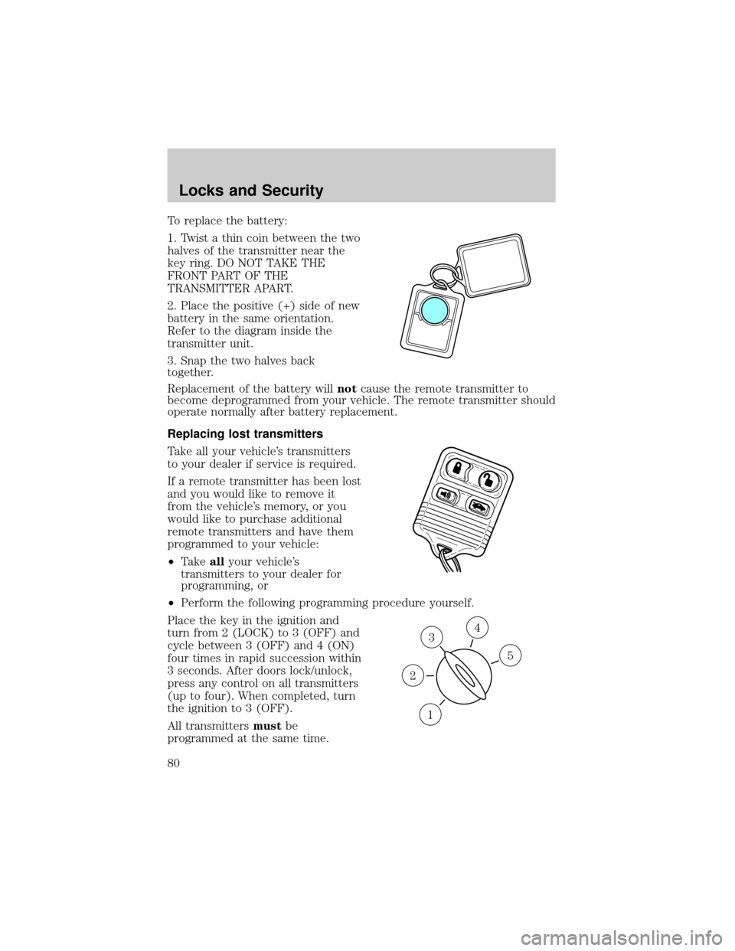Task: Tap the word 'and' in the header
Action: pos(243,190)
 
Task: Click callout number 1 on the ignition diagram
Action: pos(430,714)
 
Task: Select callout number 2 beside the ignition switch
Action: pos(412,675)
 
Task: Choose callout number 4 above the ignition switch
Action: pos(476,627)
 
